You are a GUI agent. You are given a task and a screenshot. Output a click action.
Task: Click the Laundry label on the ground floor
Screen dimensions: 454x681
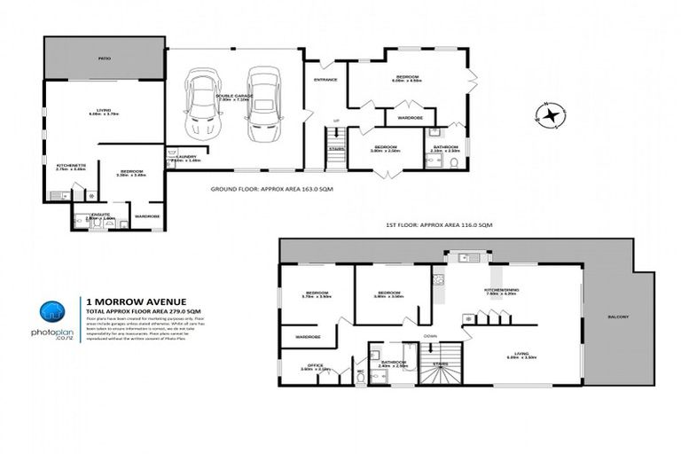coord(175,157)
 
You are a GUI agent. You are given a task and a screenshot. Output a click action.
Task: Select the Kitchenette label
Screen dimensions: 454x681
coord(71,165)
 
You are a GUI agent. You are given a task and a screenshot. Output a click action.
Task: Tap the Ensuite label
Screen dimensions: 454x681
coord(102,215)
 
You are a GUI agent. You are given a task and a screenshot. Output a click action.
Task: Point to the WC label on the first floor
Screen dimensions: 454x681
coord(361,371)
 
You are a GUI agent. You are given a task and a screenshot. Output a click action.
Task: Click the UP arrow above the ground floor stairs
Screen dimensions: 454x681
coord(334,121)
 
